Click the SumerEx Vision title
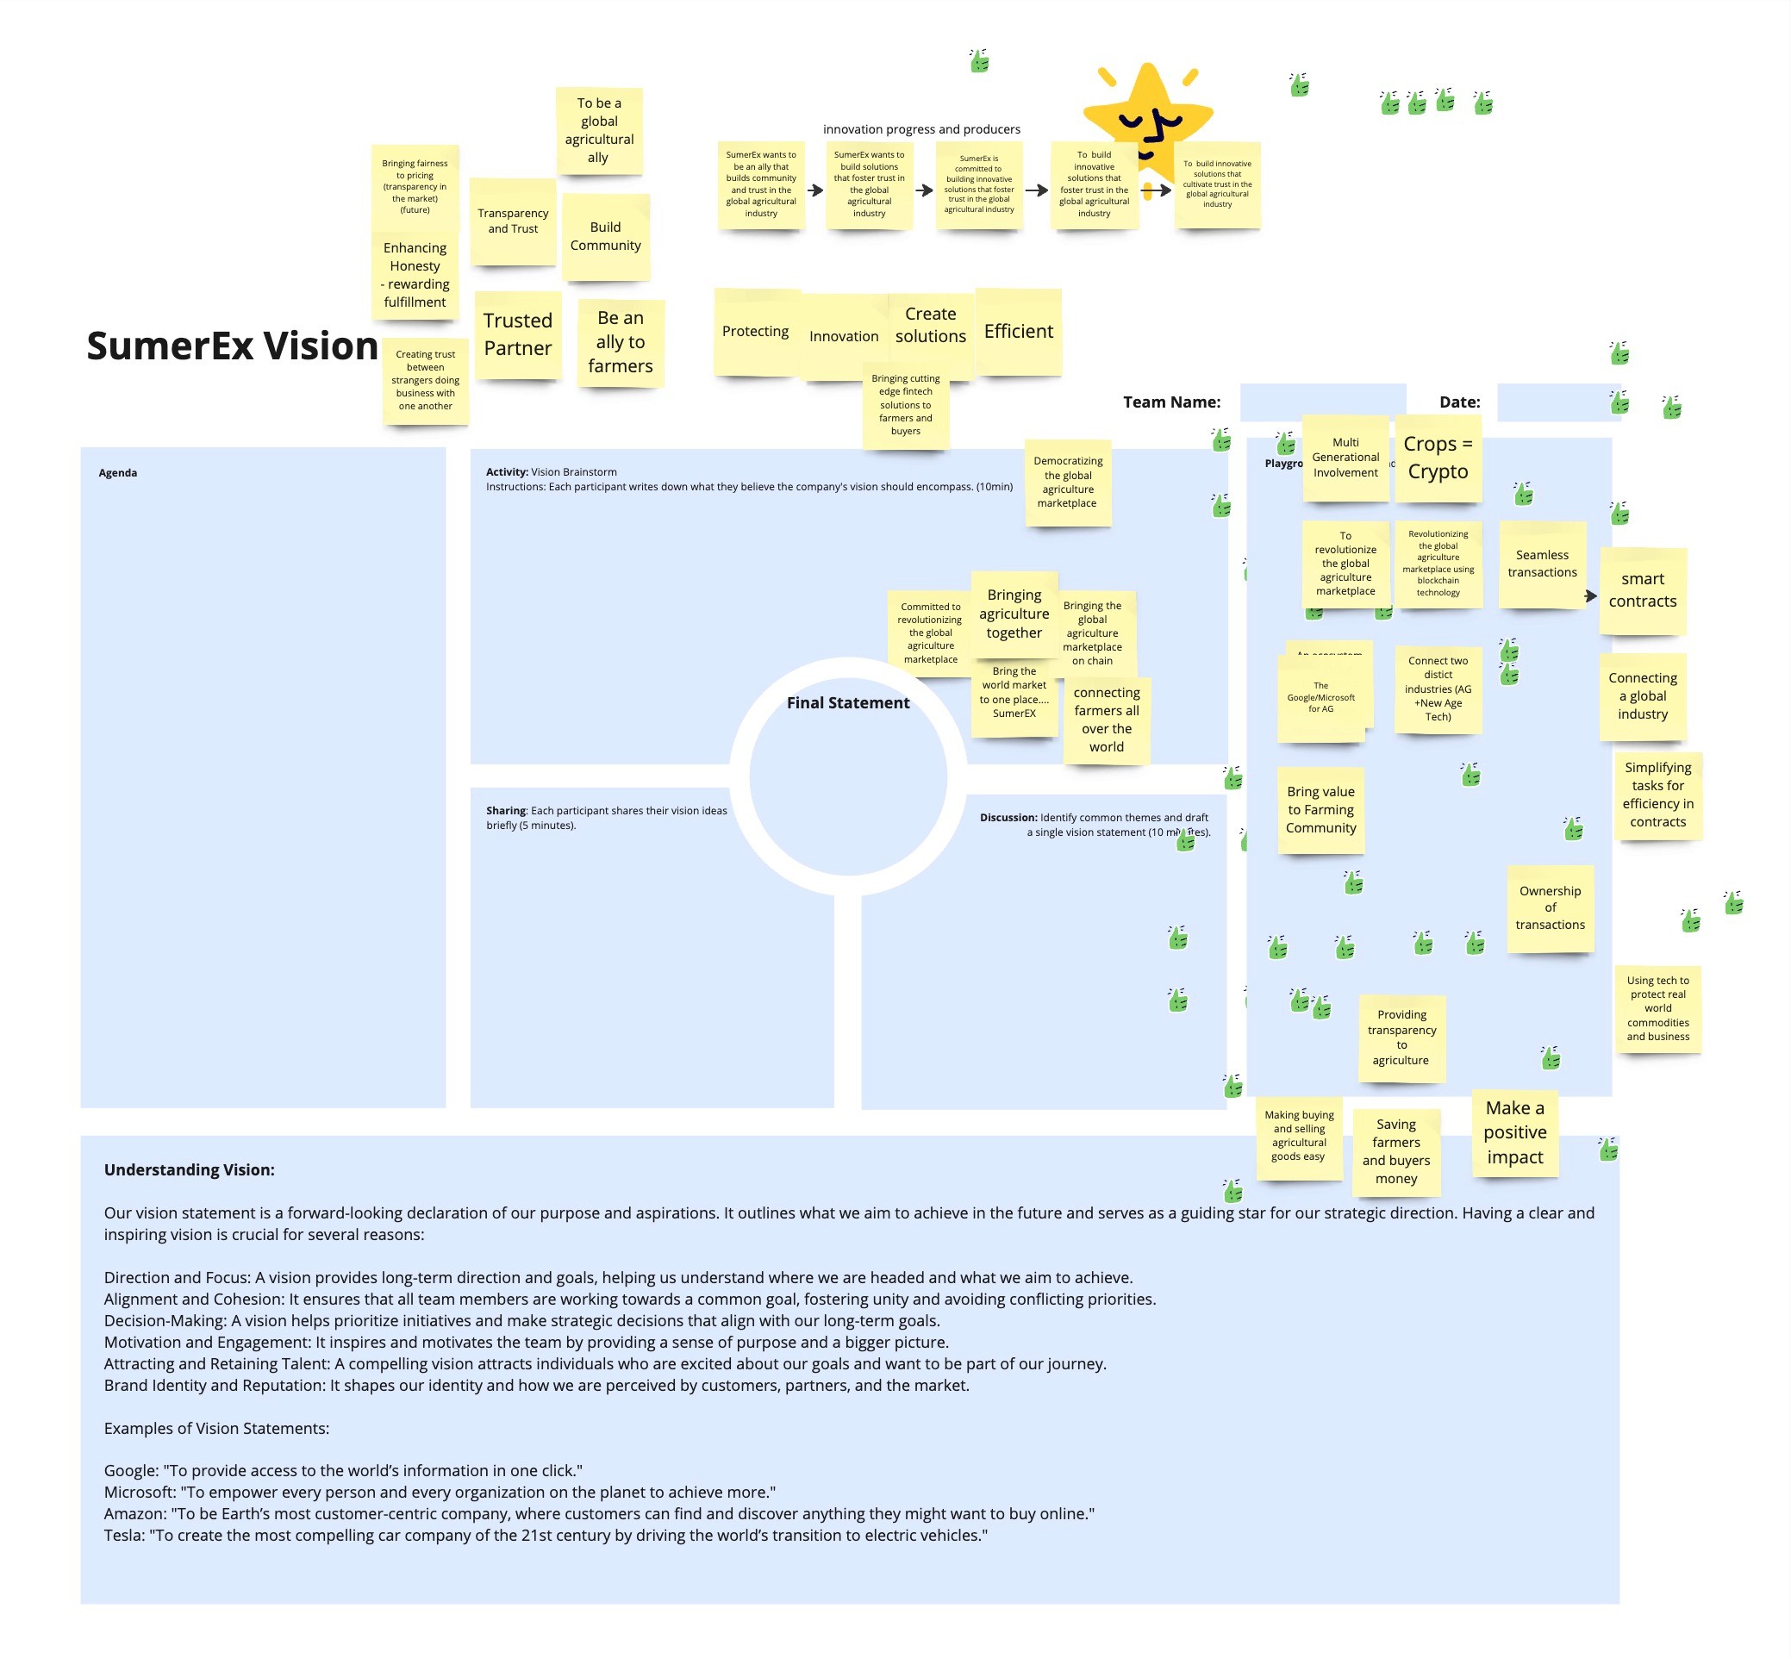tap(232, 346)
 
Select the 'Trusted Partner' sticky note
tap(518, 334)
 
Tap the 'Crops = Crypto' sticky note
tap(1438, 458)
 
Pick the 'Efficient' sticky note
tap(1019, 332)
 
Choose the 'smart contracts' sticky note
tap(1642, 590)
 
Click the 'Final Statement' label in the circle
tap(848, 703)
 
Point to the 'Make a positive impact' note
tap(1514, 1132)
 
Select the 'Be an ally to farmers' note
tap(620, 342)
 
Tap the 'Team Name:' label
tap(1171, 402)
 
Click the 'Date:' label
tap(1459, 402)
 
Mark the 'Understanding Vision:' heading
tap(190, 1170)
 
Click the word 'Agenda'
tap(117, 473)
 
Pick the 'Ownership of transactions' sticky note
tap(1550, 908)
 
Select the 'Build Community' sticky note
tap(606, 237)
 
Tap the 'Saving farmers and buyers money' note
tap(1395, 1151)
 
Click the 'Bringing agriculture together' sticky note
tap(1014, 614)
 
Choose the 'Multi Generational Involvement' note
tap(1345, 458)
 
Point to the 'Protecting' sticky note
tap(756, 332)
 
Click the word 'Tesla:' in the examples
tap(125, 1535)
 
